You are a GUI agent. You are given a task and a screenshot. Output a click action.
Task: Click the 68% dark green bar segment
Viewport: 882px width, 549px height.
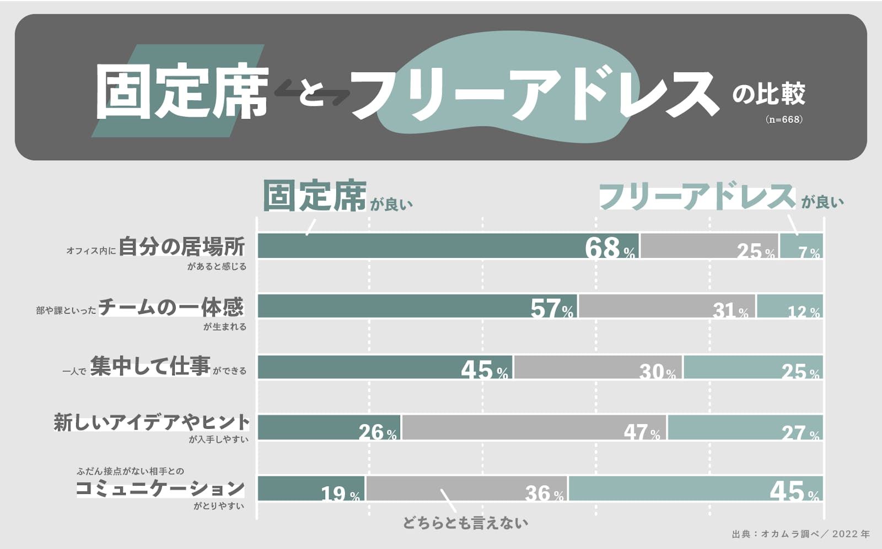[448, 246]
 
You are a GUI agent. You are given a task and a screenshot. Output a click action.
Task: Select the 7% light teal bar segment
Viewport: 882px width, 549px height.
[802, 246]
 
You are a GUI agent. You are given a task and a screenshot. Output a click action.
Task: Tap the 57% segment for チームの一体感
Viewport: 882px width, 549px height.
[417, 306]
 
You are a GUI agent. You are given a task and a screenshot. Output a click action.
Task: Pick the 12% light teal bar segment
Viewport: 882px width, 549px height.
[790, 306]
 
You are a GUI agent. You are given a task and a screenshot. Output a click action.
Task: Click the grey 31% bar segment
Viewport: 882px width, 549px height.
[667, 306]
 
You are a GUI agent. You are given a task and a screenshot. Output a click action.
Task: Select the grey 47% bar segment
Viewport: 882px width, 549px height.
[534, 428]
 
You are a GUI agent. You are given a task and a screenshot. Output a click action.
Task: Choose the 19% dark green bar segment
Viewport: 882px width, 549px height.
[311, 488]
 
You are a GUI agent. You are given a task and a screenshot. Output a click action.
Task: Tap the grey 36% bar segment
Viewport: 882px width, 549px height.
[467, 488]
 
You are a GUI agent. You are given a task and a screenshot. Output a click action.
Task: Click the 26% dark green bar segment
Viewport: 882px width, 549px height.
[329, 428]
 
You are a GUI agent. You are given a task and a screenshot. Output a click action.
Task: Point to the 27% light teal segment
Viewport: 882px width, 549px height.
[745, 428]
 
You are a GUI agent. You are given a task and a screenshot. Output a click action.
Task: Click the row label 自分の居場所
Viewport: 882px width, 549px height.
[181, 247]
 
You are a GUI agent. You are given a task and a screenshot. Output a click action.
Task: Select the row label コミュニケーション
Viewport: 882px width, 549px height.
[160, 488]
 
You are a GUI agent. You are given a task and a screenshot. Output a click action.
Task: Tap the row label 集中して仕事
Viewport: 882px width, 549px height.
[150, 366]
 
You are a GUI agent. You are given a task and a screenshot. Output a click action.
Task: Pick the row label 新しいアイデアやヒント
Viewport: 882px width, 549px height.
[152, 422]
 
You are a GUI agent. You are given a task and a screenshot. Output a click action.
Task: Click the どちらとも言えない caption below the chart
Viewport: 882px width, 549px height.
[465, 523]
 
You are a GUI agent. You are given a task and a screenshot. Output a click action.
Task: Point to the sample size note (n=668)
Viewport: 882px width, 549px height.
[783, 119]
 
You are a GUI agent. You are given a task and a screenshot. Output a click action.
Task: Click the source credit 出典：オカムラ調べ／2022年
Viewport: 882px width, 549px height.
[800, 534]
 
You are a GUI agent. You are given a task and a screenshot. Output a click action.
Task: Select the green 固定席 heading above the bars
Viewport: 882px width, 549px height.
[314, 196]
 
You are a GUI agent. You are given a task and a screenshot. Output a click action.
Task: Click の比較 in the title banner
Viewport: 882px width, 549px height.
[768, 94]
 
